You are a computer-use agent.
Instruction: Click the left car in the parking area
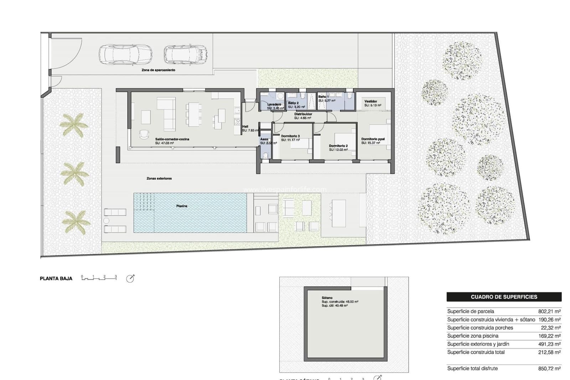[x=118, y=55]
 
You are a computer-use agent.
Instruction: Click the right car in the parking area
[x=185, y=54]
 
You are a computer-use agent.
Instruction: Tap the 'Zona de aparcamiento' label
[x=158, y=70]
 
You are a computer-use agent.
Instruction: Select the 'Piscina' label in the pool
[x=182, y=206]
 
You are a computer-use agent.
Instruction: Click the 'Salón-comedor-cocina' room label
[x=172, y=139]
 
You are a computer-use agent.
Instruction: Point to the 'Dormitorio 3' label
[x=290, y=136]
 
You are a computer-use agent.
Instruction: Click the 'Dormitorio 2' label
[x=338, y=146]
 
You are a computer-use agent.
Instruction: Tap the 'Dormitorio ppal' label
[x=373, y=139]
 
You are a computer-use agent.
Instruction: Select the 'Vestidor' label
[x=370, y=102]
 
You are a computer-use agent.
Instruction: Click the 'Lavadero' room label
[x=274, y=104]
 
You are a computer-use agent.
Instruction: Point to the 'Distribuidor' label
[x=303, y=114]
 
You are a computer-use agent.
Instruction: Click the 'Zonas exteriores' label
[x=159, y=178]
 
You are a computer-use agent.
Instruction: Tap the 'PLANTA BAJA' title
[x=56, y=278]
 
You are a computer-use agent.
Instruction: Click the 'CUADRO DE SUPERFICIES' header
[x=504, y=297]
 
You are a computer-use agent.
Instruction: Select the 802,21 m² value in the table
[x=549, y=311]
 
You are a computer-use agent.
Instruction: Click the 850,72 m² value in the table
[x=549, y=369]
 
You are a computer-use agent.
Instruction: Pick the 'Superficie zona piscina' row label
[x=472, y=336]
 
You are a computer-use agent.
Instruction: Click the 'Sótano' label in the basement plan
[x=327, y=298]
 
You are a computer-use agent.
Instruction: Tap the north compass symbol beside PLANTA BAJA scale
[x=130, y=278]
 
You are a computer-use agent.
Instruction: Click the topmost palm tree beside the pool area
[x=74, y=125]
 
